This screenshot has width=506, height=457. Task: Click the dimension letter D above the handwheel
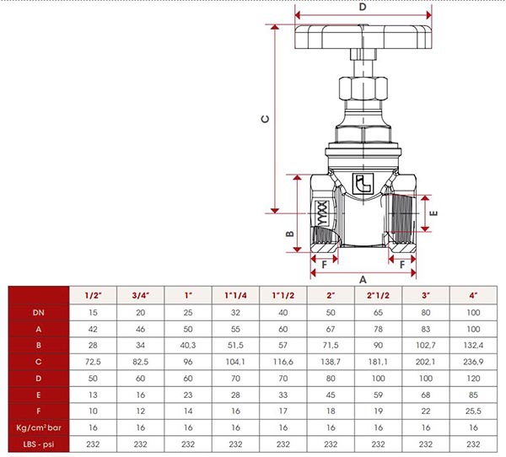click(363, 7)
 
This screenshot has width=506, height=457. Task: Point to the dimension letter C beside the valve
click(265, 119)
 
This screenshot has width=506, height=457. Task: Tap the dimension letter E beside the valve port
click(434, 213)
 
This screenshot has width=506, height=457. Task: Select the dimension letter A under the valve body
click(363, 279)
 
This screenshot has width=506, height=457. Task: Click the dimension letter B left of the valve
click(290, 234)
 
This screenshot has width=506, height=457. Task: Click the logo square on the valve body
click(363, 184)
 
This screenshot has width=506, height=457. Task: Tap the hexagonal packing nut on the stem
click(363, 88)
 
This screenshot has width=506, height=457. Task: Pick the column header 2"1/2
click(378, 295)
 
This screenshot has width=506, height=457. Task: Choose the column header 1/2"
click(93, 295)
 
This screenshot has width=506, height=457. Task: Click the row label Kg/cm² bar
click(39, 427)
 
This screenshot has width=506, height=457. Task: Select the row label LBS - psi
click(39, 444)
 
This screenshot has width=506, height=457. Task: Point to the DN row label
click(39, 313)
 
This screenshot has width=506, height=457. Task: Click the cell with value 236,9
click(473, 362)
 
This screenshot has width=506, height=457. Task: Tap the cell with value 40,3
click(188, 346)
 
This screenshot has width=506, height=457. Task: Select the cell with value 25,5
click(473, 411)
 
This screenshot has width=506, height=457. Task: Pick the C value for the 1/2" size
click(93, 362)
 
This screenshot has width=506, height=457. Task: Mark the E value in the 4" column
click(473, 395)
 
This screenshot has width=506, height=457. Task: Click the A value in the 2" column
click(331, 329)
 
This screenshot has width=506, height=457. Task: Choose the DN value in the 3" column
click(426, 313)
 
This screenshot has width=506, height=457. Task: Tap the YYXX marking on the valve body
click(322, 213)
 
